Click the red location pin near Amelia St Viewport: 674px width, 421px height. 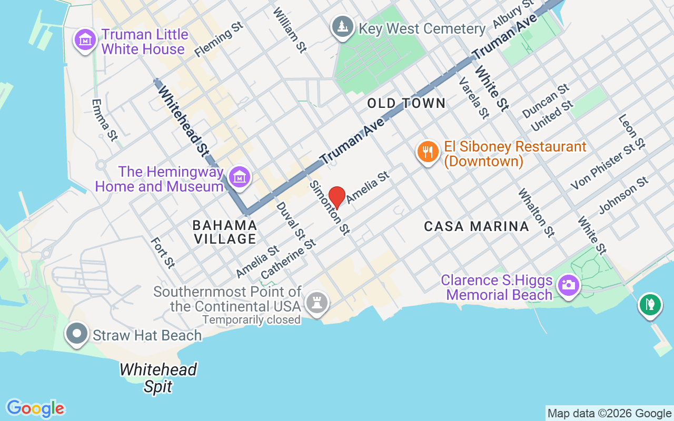pyautogui.click(x=337, y=197)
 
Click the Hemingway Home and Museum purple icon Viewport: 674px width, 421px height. pyautogui.click(x=240, y=176)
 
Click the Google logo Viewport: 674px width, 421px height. pyautogui.click(x=35, y=408)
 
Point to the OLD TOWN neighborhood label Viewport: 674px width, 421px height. pyautogui.click(x=407, y=103)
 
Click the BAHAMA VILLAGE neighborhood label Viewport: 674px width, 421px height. pyautogui.click(x=225, y=232)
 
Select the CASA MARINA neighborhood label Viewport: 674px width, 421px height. pyautogui.click(x=477, y=226)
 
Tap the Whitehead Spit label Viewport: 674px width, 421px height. pyautogui.click(x=158, y=378)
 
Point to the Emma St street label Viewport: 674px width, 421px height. pyautogui.click(x=104, y=120)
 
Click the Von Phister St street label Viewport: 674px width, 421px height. pyautogui.click(x=604, y=166)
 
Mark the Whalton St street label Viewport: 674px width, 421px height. pyautogui.click(x=536, y=213)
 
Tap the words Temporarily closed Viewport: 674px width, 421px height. pyautogui.click(x=251, y=319)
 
